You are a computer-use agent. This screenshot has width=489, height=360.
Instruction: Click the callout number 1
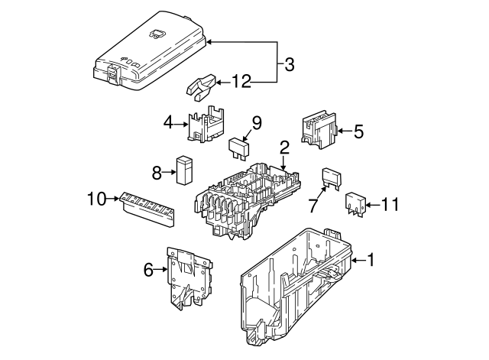[371, 261]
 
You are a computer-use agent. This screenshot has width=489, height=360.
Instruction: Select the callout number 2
[284, 148]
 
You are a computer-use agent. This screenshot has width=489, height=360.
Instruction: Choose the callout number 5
[358, 131]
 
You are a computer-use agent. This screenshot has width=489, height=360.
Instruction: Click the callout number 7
[313, 205]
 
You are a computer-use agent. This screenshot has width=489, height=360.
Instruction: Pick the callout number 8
[157, 174]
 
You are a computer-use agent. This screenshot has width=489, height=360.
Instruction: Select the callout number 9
[257, 122]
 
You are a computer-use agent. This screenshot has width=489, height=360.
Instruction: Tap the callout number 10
[97, 200]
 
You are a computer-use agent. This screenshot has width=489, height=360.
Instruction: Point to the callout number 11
[390, 204]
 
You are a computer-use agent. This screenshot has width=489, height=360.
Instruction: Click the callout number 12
[241, 82]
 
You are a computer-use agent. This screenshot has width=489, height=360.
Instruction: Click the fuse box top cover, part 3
[149, 46]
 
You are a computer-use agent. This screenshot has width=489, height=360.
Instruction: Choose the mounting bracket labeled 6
[188, 278]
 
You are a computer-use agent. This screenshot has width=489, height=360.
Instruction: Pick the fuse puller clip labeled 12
[202, 86]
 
